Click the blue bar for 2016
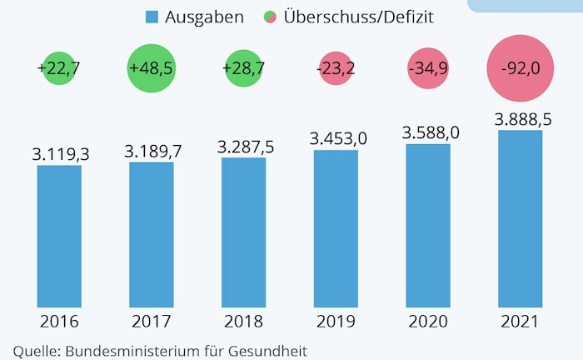pyautogui.click(x=59, y=236)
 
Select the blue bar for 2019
pyautogui.click(x=336, y=228)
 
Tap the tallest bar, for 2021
pyautogui.click(x=521, y=218)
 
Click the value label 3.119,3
pyautogui.click(x=60, y=154)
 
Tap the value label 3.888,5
pyautogui.click(x=522, y=119)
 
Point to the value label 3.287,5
pyautogui.click(x=245, y=146)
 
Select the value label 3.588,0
pyautogui.click(x=430, y=132)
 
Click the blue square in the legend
pyautogui.click(x=151, y=17)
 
